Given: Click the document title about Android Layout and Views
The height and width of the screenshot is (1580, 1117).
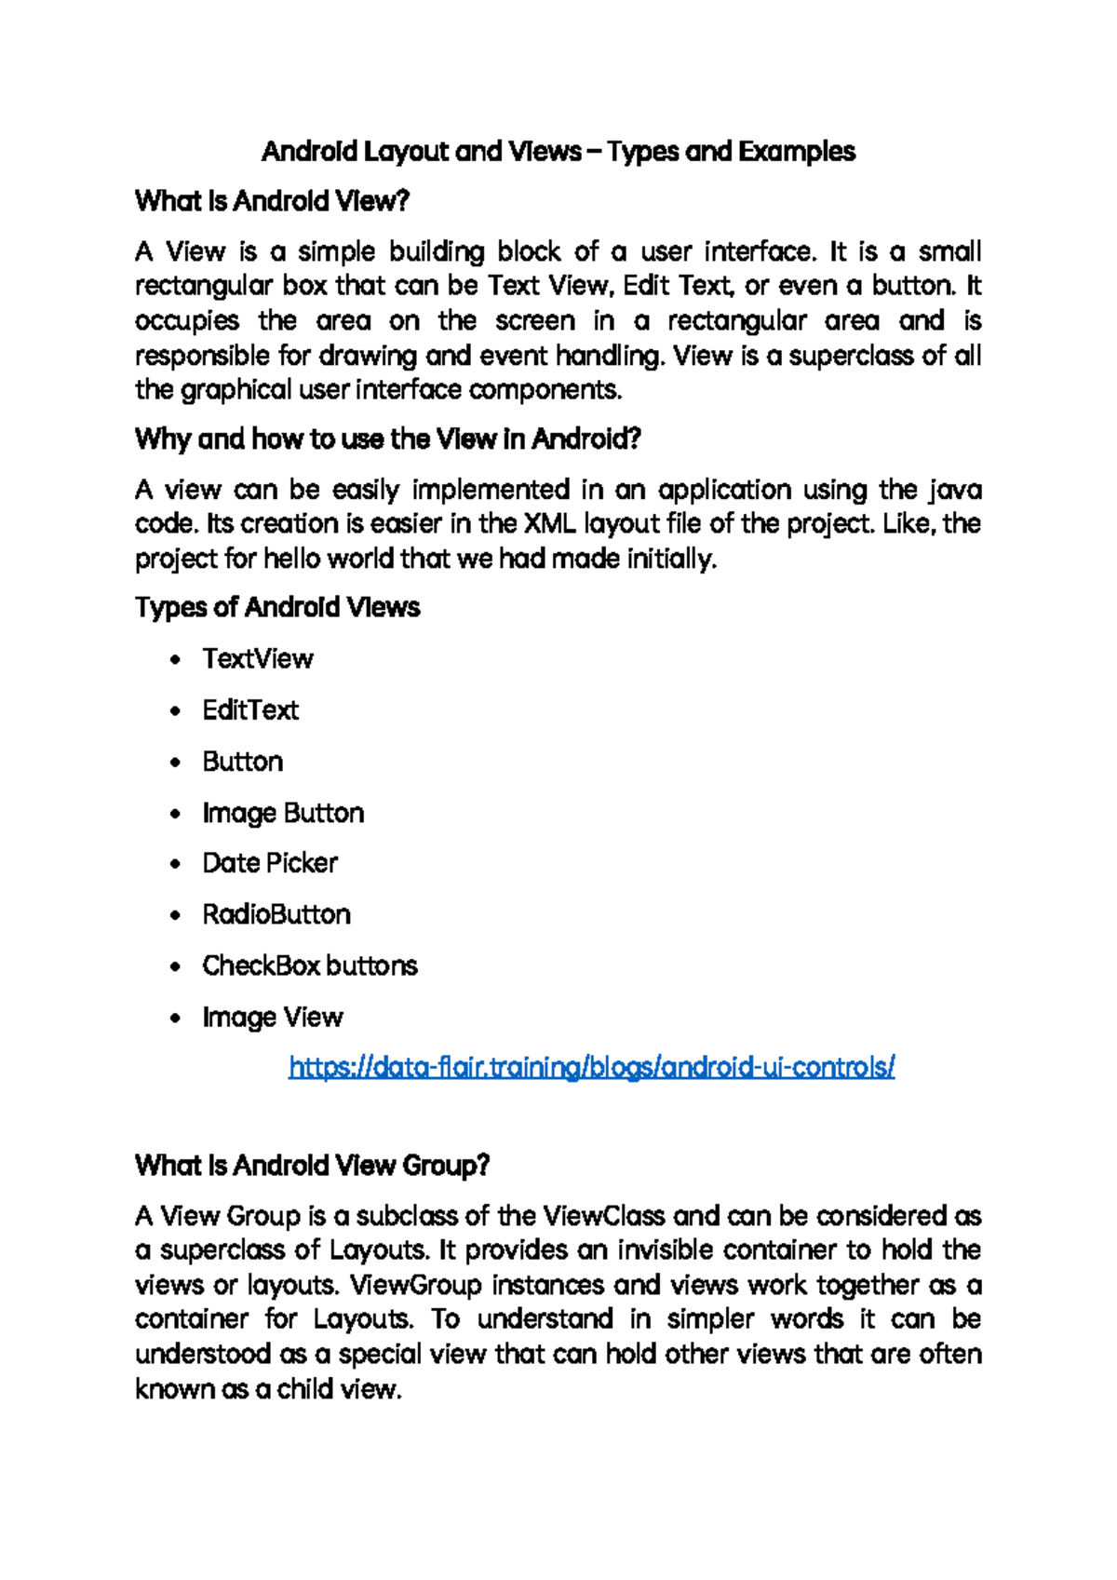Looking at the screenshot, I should pos(558,151).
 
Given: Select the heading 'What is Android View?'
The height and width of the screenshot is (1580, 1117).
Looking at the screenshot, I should pos(272,201).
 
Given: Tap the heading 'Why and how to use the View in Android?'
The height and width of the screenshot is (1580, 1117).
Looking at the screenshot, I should pos(387,439).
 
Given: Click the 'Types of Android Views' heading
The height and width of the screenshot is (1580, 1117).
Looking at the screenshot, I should pos(277,607).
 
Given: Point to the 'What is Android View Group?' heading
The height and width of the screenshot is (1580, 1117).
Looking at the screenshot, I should pos(312,1165).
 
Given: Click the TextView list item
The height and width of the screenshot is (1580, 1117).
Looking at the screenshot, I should pos(258,659).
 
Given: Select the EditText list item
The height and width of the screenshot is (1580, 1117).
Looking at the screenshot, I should pos(250,710).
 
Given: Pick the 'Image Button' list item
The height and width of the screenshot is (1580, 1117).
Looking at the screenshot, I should pos(283,813).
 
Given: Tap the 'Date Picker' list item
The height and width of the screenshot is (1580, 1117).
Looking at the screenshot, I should pos(270,863).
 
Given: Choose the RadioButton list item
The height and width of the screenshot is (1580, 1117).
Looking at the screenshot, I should pos(276,914).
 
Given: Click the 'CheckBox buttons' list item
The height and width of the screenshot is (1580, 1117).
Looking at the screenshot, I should pos(310,966).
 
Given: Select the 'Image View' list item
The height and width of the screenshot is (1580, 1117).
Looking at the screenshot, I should pos(273,1017).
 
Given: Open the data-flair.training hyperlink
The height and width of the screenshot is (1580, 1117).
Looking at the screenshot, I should pos(591,1067).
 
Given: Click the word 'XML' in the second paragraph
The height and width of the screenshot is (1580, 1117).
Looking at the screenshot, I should pos(550,524).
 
